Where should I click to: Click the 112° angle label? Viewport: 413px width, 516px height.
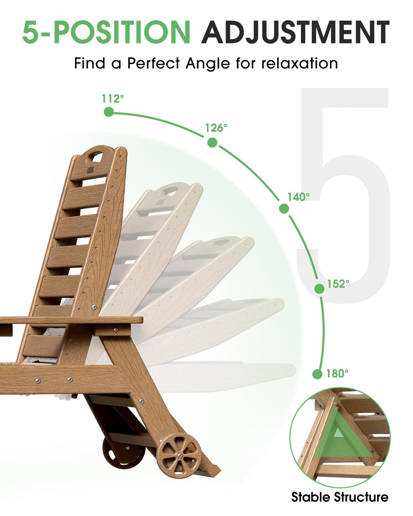pyautogui.click(x=113, y=98)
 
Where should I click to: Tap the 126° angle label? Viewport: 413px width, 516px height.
pyautogui.click(x=216, y=128)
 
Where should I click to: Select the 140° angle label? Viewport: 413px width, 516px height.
pyautogui.click(x=298, y=197)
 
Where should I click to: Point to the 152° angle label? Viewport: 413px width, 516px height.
pyautogui.click(x=338, y=284)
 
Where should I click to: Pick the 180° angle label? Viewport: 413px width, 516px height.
pyautogui.click(x=337, y=373)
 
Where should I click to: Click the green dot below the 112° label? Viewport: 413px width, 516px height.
pyautogui.click(x=109, y=112)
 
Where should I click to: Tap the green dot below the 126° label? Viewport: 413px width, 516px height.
pyautogui.click(x=212, y=142)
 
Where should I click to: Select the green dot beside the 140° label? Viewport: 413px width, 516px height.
pyautogui.click(x=284, y=208)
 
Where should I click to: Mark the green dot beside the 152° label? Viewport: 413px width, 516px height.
pyautogui.click(x=319, y=289)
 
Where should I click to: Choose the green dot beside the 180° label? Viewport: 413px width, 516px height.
pyautogui.click(x=317, y=374)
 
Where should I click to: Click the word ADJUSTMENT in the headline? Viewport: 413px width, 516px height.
pyautogui.click(x=295, y=32)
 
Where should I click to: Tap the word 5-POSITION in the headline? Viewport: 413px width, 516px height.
pyautogui.click(x=106, y=32)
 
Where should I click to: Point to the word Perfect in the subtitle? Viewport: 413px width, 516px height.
pyautogui.click(x=153, y=63)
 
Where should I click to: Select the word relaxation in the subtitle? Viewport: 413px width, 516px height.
pyautogui.click(x=300, y=63)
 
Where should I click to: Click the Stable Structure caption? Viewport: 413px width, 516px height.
pyautogui.click(x=340, y=497)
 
